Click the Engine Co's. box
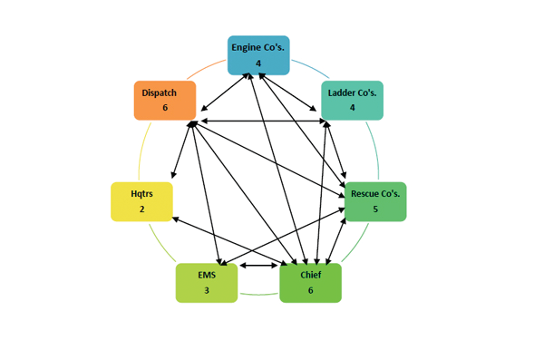[257, 54]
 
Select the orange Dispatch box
[165, 100]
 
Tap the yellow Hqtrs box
[141, 201]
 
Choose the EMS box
[206, 282]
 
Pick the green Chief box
[310, 282]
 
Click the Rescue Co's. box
[374, 201]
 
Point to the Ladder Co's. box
[352, 100]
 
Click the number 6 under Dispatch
[165, 108]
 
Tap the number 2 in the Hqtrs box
[141, 209]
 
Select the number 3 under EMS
[206, 290]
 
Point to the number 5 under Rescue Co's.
[374, 209]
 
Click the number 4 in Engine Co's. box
[257, 63]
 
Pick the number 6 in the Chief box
[310, 290]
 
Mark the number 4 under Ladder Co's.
[352, 108]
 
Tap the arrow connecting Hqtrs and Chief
[227, 242]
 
